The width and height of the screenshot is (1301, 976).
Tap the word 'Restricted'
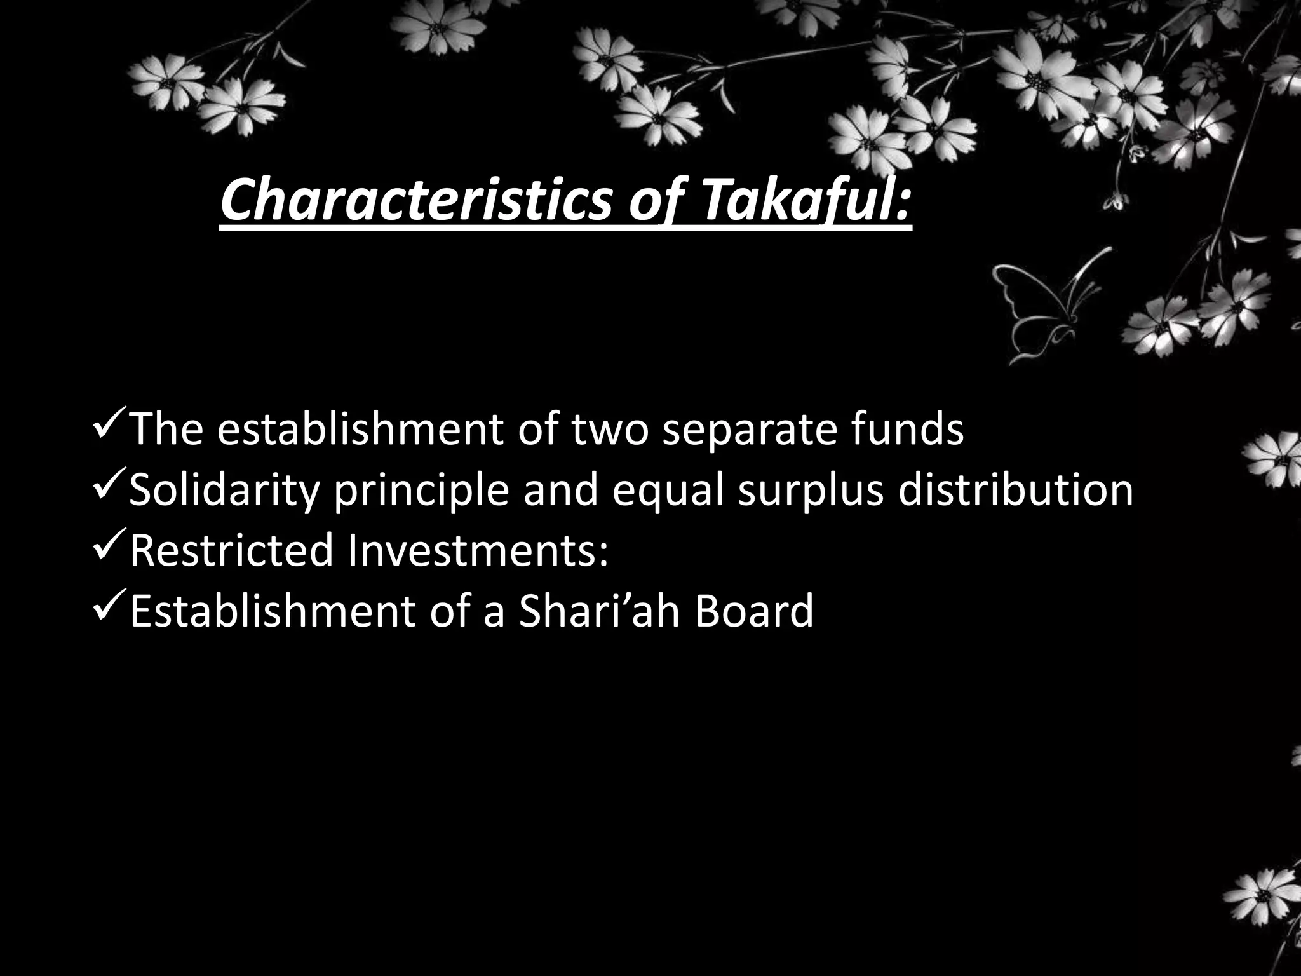pos(231,550)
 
